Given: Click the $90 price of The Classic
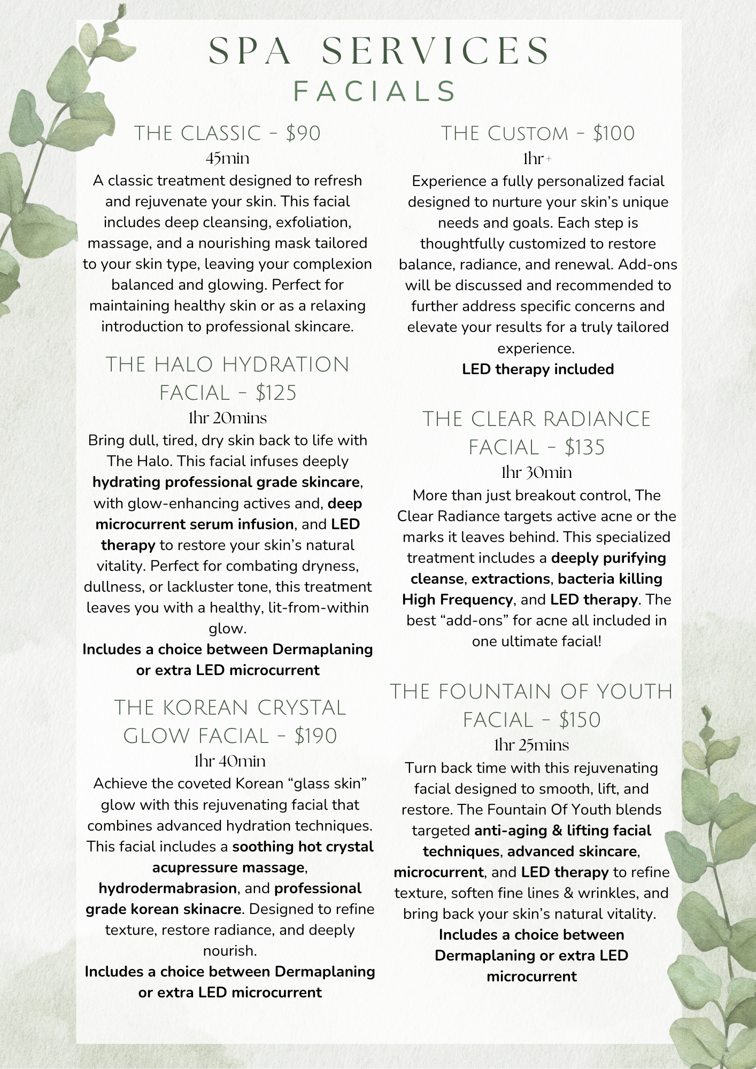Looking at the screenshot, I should pyautogui.click(x=303, y=134).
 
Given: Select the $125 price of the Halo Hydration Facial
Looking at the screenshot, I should pyautogui.click(x=276, y=393).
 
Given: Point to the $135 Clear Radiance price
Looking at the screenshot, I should pyautogui.click(x=584, y=448).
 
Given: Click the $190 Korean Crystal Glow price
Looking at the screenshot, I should pyautogui.click(x=315, y=737).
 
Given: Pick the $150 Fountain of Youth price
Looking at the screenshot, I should pyautogui.click(x=580, y=721).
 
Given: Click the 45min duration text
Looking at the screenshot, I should pyautogui.click(x=227, y=159).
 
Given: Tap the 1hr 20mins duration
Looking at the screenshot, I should pyautogui.click(x=227, y=419).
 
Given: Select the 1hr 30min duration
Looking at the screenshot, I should pyautogui.click(x=536, y=473).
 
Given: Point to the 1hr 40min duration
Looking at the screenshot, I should pyautogui.click(x=229, y=761).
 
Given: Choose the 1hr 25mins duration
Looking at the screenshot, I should pyautogui.click(x=531, y=746).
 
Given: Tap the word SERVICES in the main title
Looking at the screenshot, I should pyautogui.click(x=435, y=52).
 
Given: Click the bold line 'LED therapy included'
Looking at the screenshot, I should pyautogui.click(x=538, y=369).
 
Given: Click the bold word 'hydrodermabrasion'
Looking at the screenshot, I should pyautogui.click(x=168, y=888).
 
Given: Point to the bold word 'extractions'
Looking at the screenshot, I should pyautogui.click(x=511, y=579).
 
